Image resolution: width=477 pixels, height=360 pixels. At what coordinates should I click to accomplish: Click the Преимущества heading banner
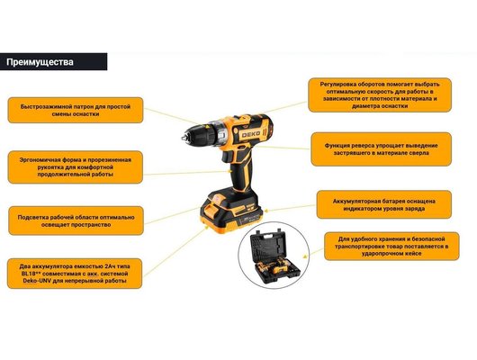coord(53,62)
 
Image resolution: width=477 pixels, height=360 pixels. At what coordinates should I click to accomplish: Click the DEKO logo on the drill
coord(251,134)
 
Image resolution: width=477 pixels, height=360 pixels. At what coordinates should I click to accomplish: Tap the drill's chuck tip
coord(183,138)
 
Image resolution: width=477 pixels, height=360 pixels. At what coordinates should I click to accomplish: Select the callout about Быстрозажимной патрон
coord(76,110)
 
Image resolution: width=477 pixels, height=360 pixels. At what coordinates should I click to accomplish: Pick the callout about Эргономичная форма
coord(76,167)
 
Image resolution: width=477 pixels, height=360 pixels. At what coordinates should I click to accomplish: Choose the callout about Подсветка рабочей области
coord(76,220)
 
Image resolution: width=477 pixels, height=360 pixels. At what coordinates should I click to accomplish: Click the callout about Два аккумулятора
coord(75,274)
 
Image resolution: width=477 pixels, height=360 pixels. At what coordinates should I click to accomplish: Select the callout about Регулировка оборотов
coord(380,94)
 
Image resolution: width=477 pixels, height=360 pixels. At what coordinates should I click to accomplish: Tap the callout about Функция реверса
coord(382,149)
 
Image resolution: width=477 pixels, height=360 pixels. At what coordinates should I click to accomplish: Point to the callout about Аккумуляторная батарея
coord(384,205)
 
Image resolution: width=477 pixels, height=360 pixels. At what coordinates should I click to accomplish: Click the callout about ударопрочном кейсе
coord(391,247)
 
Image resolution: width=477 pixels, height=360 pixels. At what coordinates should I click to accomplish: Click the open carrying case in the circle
coord(274,255)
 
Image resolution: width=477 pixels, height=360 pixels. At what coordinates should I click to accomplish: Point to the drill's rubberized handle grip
coord(242,174)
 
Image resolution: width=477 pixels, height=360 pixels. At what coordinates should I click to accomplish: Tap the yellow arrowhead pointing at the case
coord(305,256)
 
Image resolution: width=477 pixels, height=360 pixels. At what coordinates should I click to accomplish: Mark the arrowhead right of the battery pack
coord(266,211)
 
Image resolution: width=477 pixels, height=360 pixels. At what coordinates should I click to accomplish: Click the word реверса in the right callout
coord(363,146)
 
